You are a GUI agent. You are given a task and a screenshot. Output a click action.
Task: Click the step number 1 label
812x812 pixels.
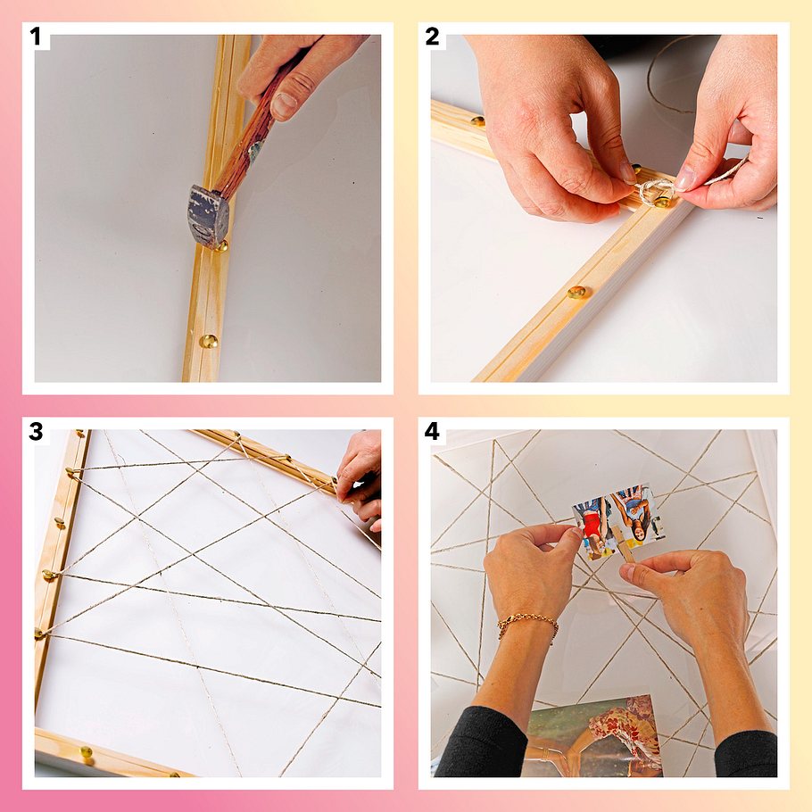[35, 37]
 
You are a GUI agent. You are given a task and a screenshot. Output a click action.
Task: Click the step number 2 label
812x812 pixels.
[432, 37]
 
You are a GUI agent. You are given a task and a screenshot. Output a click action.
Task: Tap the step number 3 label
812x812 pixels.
[36, 431]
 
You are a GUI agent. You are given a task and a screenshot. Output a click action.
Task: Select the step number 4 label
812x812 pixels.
[432, 431]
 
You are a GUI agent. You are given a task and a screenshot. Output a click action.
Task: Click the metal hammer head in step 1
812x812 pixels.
[208, 217]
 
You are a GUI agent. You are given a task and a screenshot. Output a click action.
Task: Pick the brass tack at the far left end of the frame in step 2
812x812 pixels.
[477, 121]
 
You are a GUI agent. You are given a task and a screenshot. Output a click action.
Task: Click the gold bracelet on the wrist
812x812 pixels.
[528, 625]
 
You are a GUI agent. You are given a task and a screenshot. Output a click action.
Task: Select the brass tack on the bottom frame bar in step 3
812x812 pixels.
[86, 751]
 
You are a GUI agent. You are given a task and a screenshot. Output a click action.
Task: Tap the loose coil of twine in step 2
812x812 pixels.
[674, 72]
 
